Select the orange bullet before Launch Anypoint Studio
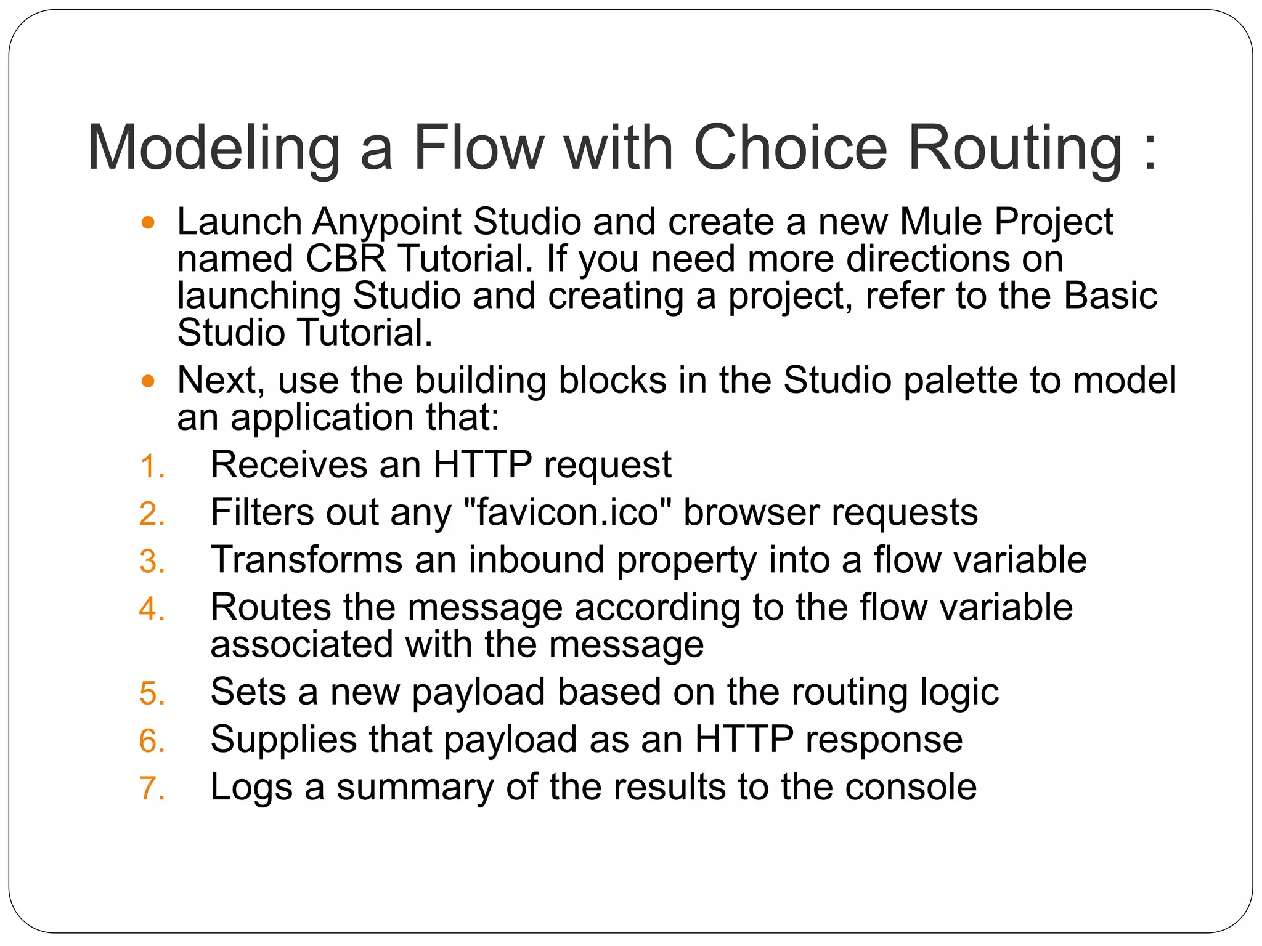coord(148,222)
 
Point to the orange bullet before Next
coord(148,381)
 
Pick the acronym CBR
coord(345,259)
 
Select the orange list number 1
coord(152,466)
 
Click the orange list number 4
coord(152,609)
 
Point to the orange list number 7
coord(152,788)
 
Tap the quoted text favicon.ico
coord(567,512)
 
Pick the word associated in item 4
coord(301,645)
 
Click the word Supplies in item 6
coord(283,740)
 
